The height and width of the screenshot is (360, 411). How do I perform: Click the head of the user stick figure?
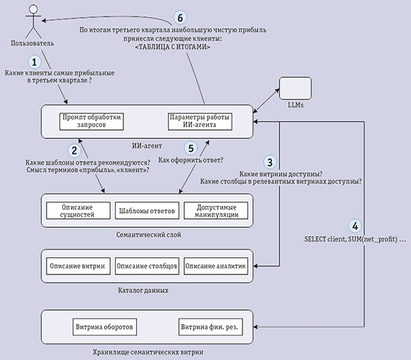click(x=34, y=9)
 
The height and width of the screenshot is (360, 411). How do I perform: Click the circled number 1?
click(x=34, y=62)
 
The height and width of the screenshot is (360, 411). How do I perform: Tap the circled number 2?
click(x=75, y=151)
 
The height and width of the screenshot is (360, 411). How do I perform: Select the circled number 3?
click(x=270, y=162)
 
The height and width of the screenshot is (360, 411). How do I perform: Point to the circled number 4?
click(x=355, y=226)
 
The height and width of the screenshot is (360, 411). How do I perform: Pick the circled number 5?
click(x=191, y=149)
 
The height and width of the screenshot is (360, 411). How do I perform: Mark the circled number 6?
click(x=180, y=18)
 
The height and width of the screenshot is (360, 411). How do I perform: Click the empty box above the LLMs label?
click(x=295, y=88)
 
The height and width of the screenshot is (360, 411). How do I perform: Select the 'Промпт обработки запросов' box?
click(x=92, y=122)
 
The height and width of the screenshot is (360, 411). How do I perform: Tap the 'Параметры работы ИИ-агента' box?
click(x=200, y=122)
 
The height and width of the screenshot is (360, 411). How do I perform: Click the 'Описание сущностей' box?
click(x=78, y=211)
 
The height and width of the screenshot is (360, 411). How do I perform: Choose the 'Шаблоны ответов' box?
click(x=147, y=211)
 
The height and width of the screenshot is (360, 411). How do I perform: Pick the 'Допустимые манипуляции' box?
click(x=216, y=211)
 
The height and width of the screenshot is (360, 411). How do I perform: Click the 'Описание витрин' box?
click(x=78, y=266)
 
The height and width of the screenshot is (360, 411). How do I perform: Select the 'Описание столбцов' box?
click(x=147, y=266)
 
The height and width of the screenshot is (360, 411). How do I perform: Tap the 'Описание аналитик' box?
click(x=216, y=266)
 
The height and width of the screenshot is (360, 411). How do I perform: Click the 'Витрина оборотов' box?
click(x=105, y=327)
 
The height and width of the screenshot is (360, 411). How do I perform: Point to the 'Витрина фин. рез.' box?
click(x=210, y=327)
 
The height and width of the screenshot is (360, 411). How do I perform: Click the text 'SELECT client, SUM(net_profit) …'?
click(x=355, y=240)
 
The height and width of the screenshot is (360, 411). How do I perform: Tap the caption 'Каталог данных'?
click(x=143, y=290)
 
